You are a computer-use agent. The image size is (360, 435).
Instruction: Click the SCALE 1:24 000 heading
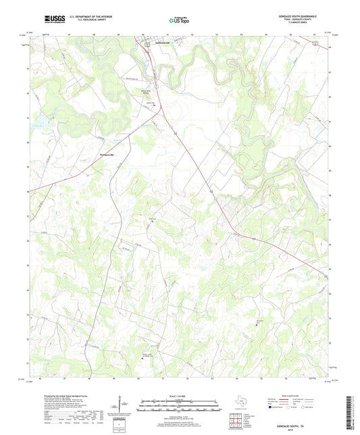179,395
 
